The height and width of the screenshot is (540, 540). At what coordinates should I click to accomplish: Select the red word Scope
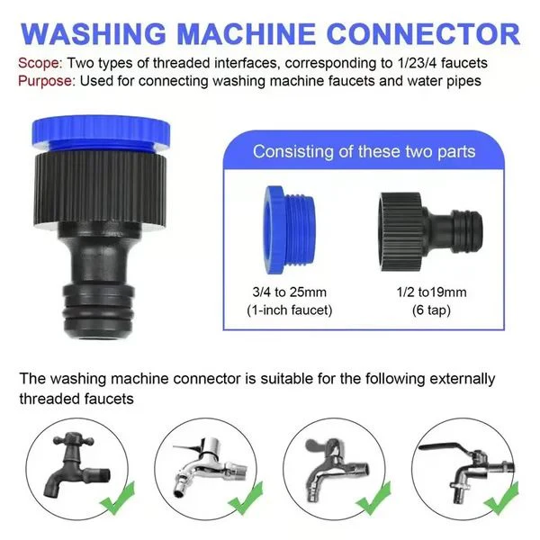click(x=36, y=64)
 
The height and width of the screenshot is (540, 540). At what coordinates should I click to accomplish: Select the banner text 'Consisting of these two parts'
click(x=364, y=150)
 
